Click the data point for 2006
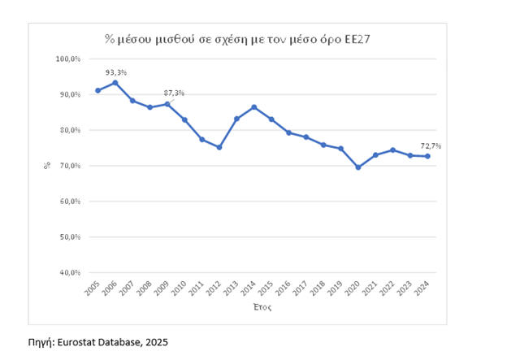pos(115,82)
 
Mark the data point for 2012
pos(219,147)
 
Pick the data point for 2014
pos(253,107)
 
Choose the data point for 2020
pos(358,167)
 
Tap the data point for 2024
pos(427,156)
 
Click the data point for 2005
pos(98,90)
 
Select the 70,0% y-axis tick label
pos(68,166)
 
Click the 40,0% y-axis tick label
pos(68,273)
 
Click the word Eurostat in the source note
pos(80,342)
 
